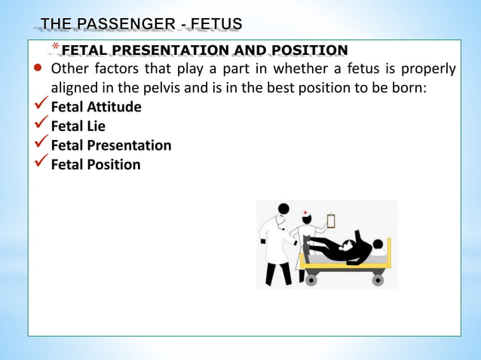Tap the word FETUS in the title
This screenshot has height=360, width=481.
click(216, 26)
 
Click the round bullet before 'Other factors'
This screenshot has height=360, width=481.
click(37, 70)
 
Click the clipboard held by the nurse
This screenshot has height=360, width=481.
click(330, 221)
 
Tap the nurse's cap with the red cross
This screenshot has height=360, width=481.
click(305, 213)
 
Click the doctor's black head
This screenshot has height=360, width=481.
click(283, 209)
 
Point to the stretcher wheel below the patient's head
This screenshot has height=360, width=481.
click(378, 280)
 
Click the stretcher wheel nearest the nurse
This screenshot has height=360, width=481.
click(311, 280)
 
